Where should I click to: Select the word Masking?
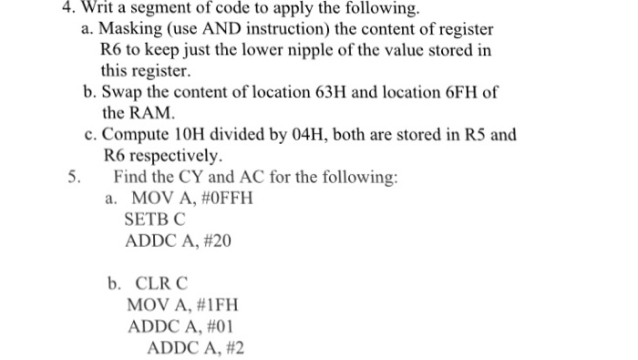click(x=131, y=30)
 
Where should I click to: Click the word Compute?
click(x=138, y=135)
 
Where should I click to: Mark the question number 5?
click(x=74, y=177)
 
